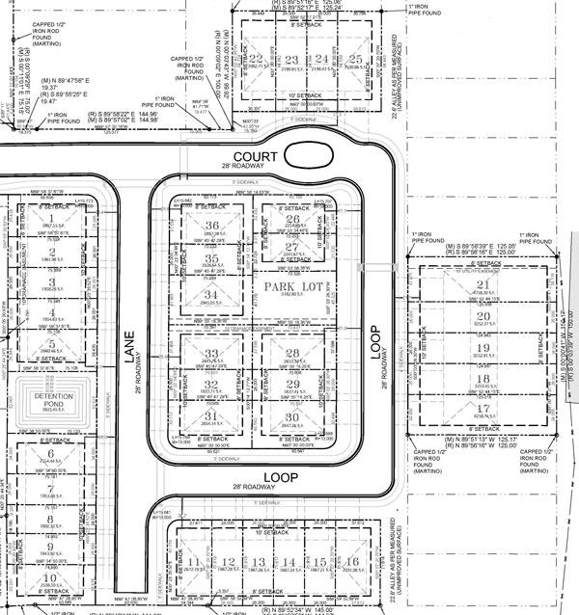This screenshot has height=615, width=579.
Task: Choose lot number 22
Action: (256, 60)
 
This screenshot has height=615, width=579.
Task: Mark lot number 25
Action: (356, 60)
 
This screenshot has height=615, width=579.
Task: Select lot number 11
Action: (194, 561)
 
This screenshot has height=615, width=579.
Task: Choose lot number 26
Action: (293, 219)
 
